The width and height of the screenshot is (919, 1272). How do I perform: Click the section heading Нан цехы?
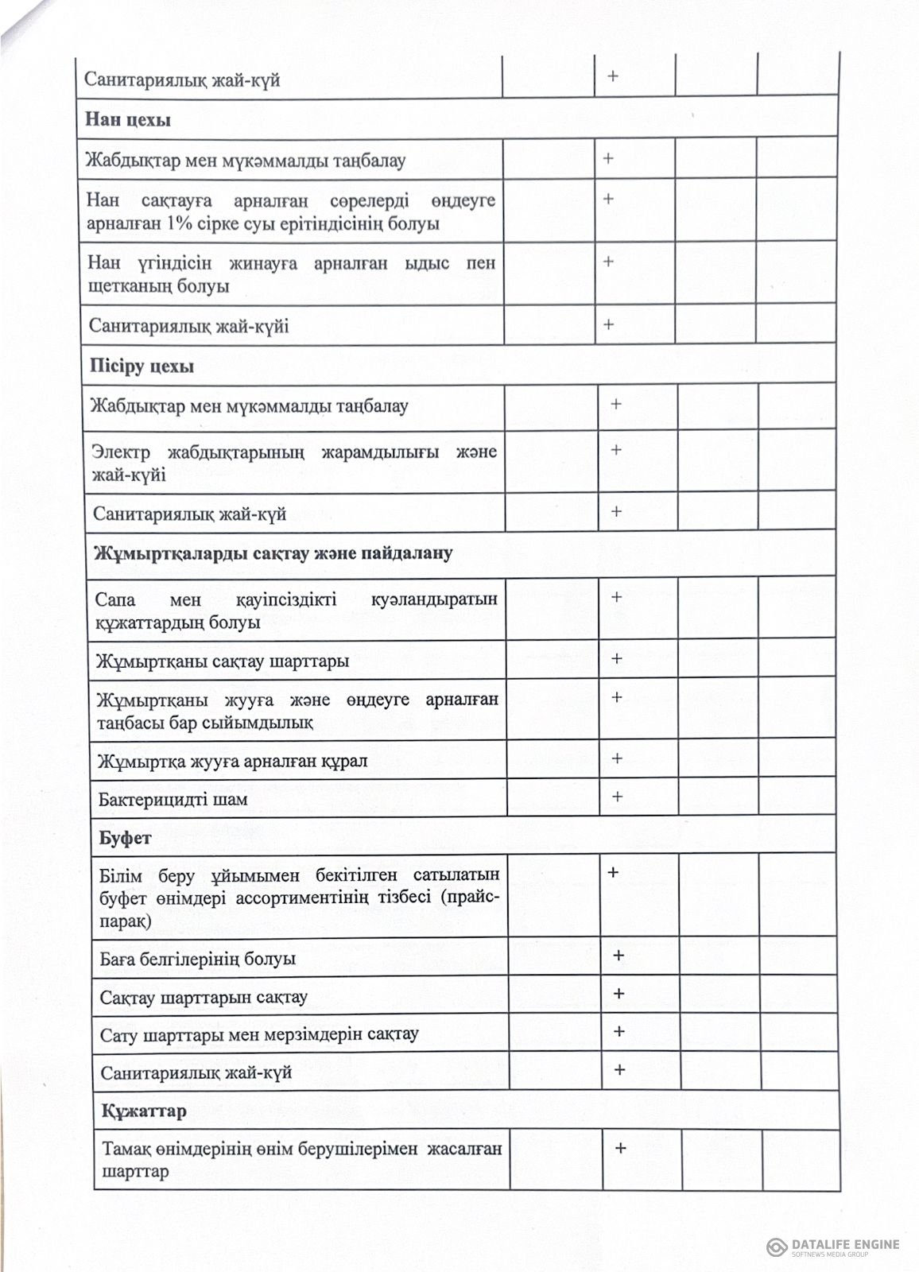point(127,121)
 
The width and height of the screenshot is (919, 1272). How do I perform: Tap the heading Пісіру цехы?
point(142,367)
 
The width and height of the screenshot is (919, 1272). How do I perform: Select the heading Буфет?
point(125,838)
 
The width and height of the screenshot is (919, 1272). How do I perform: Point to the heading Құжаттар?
point(143,1111)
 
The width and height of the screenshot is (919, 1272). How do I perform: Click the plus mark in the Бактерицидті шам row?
point(616,797)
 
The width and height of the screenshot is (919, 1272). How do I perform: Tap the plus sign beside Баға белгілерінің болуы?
point(618,956)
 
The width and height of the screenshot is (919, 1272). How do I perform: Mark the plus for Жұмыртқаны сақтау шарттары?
point(616,659)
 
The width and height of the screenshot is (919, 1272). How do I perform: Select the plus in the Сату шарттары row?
point(618,1032)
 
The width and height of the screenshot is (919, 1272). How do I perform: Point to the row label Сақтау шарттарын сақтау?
point(204,997)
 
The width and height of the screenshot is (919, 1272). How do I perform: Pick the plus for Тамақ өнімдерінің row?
point(620,1148)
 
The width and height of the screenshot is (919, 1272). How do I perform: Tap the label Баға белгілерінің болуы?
point(197,959)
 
